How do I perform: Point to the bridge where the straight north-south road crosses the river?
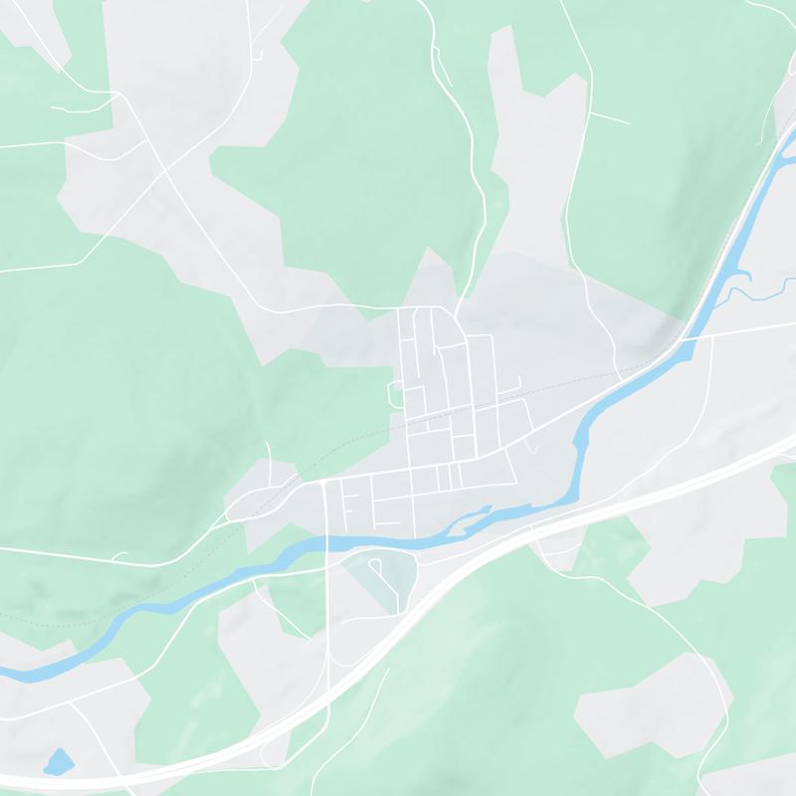(326, 543)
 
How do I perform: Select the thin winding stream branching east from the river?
(756, 292)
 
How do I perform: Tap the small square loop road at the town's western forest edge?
(395, 394)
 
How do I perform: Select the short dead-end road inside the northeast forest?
(609, 117)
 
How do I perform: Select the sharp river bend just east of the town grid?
(577, 438)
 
